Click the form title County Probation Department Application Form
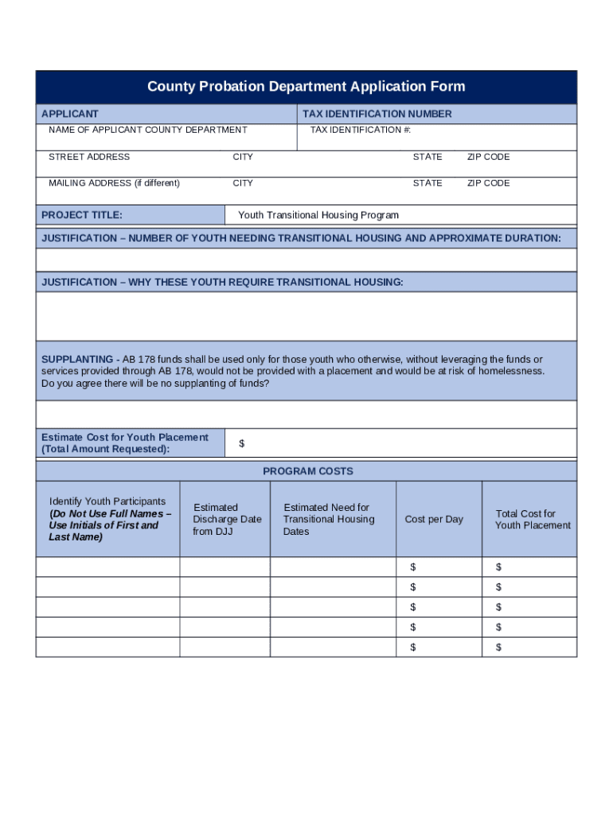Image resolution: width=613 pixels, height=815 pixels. pyautogui.click(x=306, y=87)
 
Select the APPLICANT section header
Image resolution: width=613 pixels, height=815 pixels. pyautogui.click(x=70, y=114)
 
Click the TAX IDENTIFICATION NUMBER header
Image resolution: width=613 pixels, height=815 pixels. pyautogui.click(x=377, y=114)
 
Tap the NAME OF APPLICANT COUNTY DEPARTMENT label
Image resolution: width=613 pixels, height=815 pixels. pyautogui.click(x=147, y=130)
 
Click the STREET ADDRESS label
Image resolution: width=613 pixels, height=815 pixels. pyautogui.click(x=89, y=157)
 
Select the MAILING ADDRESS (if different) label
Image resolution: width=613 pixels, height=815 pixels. pyautogui.click(x=114, y=183)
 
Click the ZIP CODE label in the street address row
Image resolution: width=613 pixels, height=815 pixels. pyautogui.click(x=488, y=157)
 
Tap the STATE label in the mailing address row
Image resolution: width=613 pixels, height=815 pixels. pyautogui.click(x=428, y=183)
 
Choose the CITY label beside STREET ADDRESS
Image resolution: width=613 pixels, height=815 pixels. pyautogui.click(x=243, y=157)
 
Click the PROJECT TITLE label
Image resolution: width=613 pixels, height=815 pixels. pyautogui.click(x=82, y=215)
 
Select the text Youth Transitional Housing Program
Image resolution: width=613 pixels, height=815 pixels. pyautogui.click(x=318, y=215)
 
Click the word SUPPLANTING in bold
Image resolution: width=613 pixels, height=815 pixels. pyautogui.click(x=77, y=359)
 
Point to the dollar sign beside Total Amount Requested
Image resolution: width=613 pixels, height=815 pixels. pyautogui.click(x=242, y=443)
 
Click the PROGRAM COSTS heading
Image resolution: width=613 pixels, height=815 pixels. pyautogui.click(x=307, y=471)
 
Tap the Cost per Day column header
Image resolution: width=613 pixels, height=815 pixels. pyautogui.click(x=434, y=519)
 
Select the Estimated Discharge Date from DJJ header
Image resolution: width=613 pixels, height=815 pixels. pyautogui.click(x=227, y=519)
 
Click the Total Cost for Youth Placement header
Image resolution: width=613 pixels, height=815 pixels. pyautogui.click(x=533, y=519)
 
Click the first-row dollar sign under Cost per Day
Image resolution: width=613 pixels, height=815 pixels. pyautogui.click(x=413, y=567)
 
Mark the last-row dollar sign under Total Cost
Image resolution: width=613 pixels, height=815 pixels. pyautogui.click(x=498, y=647)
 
